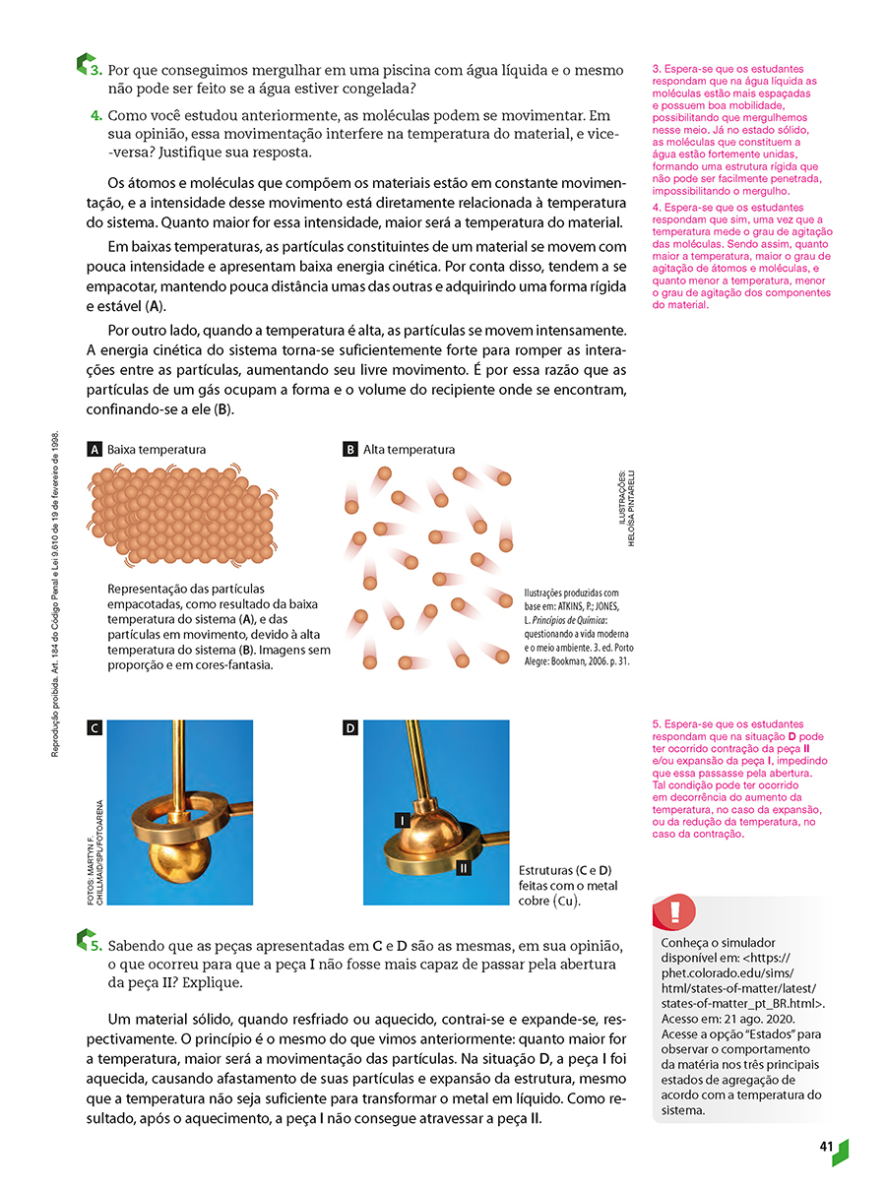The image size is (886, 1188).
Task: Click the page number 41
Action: coord(825,1147)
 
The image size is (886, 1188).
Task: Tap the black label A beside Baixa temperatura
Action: coord(95,450)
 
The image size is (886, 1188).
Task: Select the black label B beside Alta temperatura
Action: coord(349,450)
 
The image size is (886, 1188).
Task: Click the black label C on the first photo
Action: coord(95,728)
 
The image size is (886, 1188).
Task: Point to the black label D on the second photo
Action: coord(349,728)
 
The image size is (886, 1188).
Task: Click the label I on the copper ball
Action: coord(402,819)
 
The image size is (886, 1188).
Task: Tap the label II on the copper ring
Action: coord(463,868)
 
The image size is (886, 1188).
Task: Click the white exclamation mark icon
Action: coord(674,910)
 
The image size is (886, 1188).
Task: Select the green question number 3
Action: coord(96,71)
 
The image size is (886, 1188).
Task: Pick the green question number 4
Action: coord(96,115)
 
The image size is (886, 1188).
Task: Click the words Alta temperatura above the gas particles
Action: coord(409,450)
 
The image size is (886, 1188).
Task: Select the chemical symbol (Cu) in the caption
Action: coord(568,901)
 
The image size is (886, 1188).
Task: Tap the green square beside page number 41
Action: coord(840,1151)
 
